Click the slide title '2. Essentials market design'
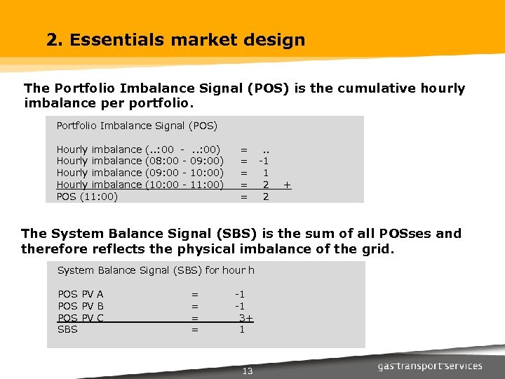click(175, 40)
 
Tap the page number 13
click(247, 371)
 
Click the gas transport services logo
click(430, 366)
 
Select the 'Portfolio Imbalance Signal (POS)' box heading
click(137, 126)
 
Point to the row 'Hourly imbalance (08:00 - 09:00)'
click(140, 161)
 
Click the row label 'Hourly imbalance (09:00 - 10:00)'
click(140, 173)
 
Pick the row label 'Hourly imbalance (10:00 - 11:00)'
click(140, 185)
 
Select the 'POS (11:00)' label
click(87, 197)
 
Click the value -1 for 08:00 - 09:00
click(265, 161)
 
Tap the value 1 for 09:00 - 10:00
click(266, 173)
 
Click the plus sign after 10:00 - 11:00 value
click(287, 185)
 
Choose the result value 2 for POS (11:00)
click(266, 197)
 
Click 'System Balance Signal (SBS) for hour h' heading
click(156, 270)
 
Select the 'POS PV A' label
click(81, 294)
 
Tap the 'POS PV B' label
click(81, 306)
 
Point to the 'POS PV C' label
click(81, 318)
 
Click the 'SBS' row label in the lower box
click(67, 329)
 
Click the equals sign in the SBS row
click(195, 329)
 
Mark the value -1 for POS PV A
click(240, 294)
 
